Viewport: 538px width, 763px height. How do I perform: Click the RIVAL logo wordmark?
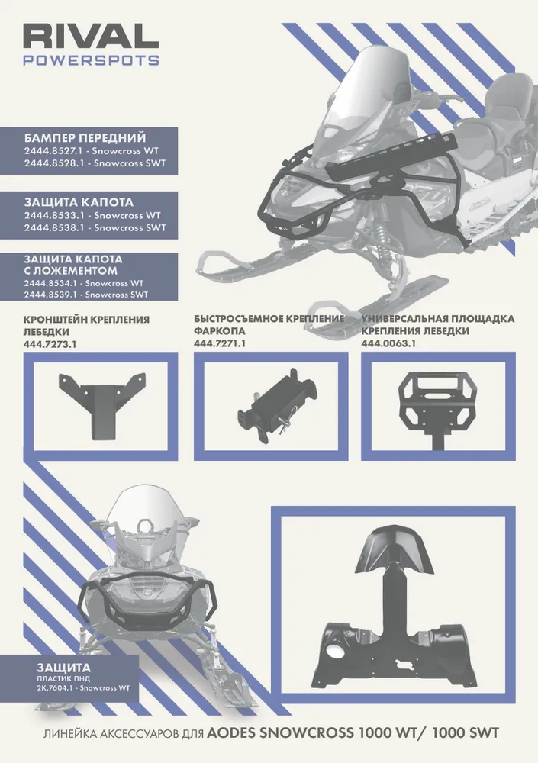(91, 37)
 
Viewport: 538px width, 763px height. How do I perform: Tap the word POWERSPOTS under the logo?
(91, 60)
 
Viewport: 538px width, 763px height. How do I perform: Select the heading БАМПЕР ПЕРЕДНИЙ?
(85, 137)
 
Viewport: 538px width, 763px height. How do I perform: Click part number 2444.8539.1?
(52, 295)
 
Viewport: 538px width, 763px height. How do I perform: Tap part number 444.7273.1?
(50, 343)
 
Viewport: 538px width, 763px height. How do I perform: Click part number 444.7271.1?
(220, 343)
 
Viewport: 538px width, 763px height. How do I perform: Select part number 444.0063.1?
(388, 343)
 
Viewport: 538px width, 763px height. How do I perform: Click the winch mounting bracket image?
(102, 405)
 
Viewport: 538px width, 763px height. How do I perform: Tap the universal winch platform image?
(437, 407)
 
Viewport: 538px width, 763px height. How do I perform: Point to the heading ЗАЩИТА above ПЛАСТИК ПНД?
(63, 668)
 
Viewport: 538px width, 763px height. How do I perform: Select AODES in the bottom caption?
(230, 733)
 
